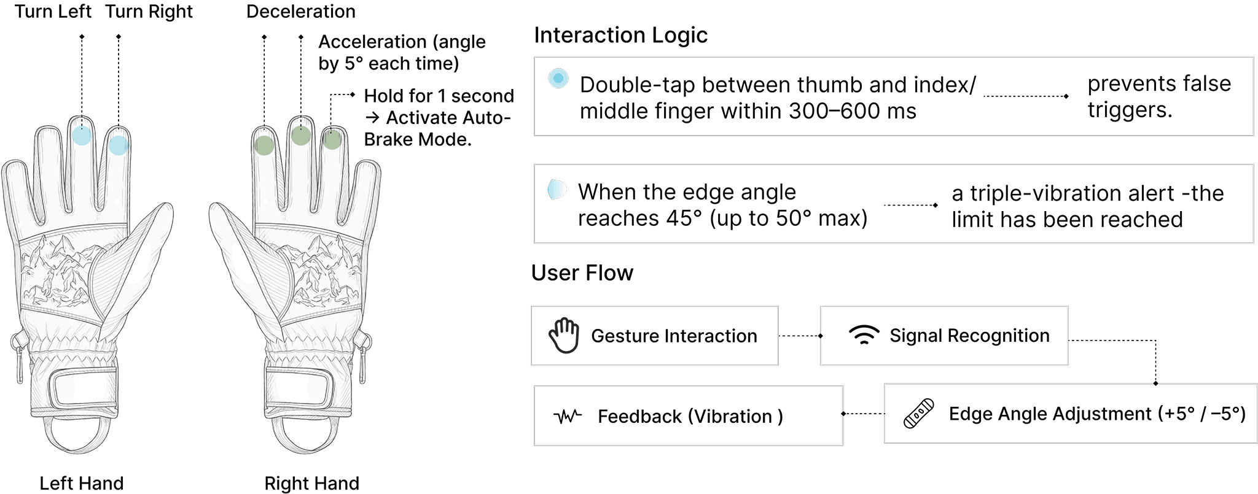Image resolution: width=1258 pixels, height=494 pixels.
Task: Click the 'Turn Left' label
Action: tap(53, 12)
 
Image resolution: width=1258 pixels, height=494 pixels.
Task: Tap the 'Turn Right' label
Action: tap(149, 12)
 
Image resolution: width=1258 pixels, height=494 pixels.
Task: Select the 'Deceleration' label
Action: tap(300, 12)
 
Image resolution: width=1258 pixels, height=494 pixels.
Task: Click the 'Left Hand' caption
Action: tap(82, 483)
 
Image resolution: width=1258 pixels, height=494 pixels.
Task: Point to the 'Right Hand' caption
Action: tap(311, 483)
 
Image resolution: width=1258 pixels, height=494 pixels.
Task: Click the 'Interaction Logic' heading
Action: tap(620, 35)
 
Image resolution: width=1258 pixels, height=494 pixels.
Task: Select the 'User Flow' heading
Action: tap(582, 272)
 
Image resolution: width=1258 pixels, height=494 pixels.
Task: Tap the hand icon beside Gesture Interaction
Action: tap(564, 335)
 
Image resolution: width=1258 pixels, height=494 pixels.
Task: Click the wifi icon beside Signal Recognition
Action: tap(863, 335)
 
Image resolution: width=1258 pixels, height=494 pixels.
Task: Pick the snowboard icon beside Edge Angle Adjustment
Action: tap(919, 414)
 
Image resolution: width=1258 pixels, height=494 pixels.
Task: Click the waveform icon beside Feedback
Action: tap(568, 417)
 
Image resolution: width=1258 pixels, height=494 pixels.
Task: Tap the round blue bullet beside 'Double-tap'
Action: tap(558, 79)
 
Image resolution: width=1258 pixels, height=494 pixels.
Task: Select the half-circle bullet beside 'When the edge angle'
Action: tap(557, 190)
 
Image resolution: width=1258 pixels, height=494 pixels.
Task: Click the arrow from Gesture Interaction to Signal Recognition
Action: tap(800, 336)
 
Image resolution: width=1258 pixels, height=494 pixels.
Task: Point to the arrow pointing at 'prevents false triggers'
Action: tap(1026, 96)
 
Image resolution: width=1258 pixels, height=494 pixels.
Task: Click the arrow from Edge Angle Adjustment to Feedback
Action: tap(863, 414)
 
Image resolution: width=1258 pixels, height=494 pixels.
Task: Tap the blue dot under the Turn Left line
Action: tap(81, 136)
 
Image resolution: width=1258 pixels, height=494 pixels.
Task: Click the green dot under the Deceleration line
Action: tap(264, 145)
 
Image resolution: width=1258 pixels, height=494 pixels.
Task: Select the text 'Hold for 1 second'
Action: tap(439, 96)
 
